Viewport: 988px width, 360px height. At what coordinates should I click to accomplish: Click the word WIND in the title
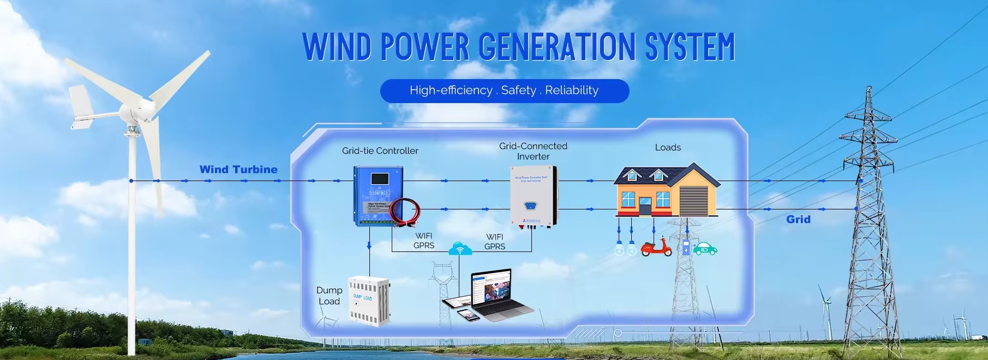337,47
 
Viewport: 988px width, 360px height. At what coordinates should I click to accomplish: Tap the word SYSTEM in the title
690,47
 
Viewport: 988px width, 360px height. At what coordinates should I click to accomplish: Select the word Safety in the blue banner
518,91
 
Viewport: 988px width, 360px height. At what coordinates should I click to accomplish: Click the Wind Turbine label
238,170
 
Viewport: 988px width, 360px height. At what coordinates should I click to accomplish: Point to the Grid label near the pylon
798,219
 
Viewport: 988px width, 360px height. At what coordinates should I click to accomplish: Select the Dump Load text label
329,296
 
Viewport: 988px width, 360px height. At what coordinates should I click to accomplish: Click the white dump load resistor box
369,300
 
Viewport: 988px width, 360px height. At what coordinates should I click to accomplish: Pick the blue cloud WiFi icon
460,249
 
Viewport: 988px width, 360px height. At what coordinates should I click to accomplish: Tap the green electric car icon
705,249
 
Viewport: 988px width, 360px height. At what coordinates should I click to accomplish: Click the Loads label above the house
668,147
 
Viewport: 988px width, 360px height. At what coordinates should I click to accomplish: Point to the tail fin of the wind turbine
81,106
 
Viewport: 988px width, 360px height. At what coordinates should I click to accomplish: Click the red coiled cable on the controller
405,211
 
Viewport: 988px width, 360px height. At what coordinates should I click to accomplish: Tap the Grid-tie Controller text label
380,151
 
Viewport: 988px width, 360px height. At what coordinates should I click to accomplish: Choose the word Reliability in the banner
572,91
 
